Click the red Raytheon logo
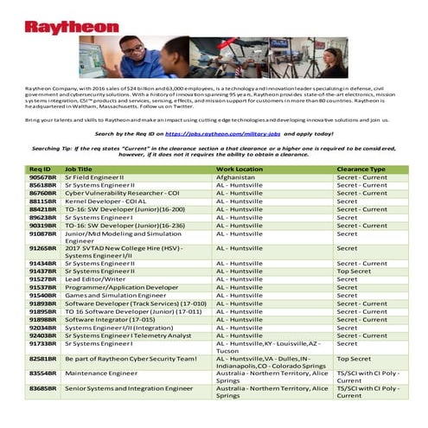[72, 27]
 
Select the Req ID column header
[40, 169]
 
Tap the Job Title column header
[79, 169]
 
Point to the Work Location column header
[240, 169]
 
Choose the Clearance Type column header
[361, 169]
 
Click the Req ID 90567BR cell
[42, 176]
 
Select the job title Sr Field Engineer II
[94, 176]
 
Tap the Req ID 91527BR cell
[42, 278]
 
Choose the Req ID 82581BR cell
[42, 357]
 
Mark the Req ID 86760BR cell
[42, 193]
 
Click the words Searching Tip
[54, 148]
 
